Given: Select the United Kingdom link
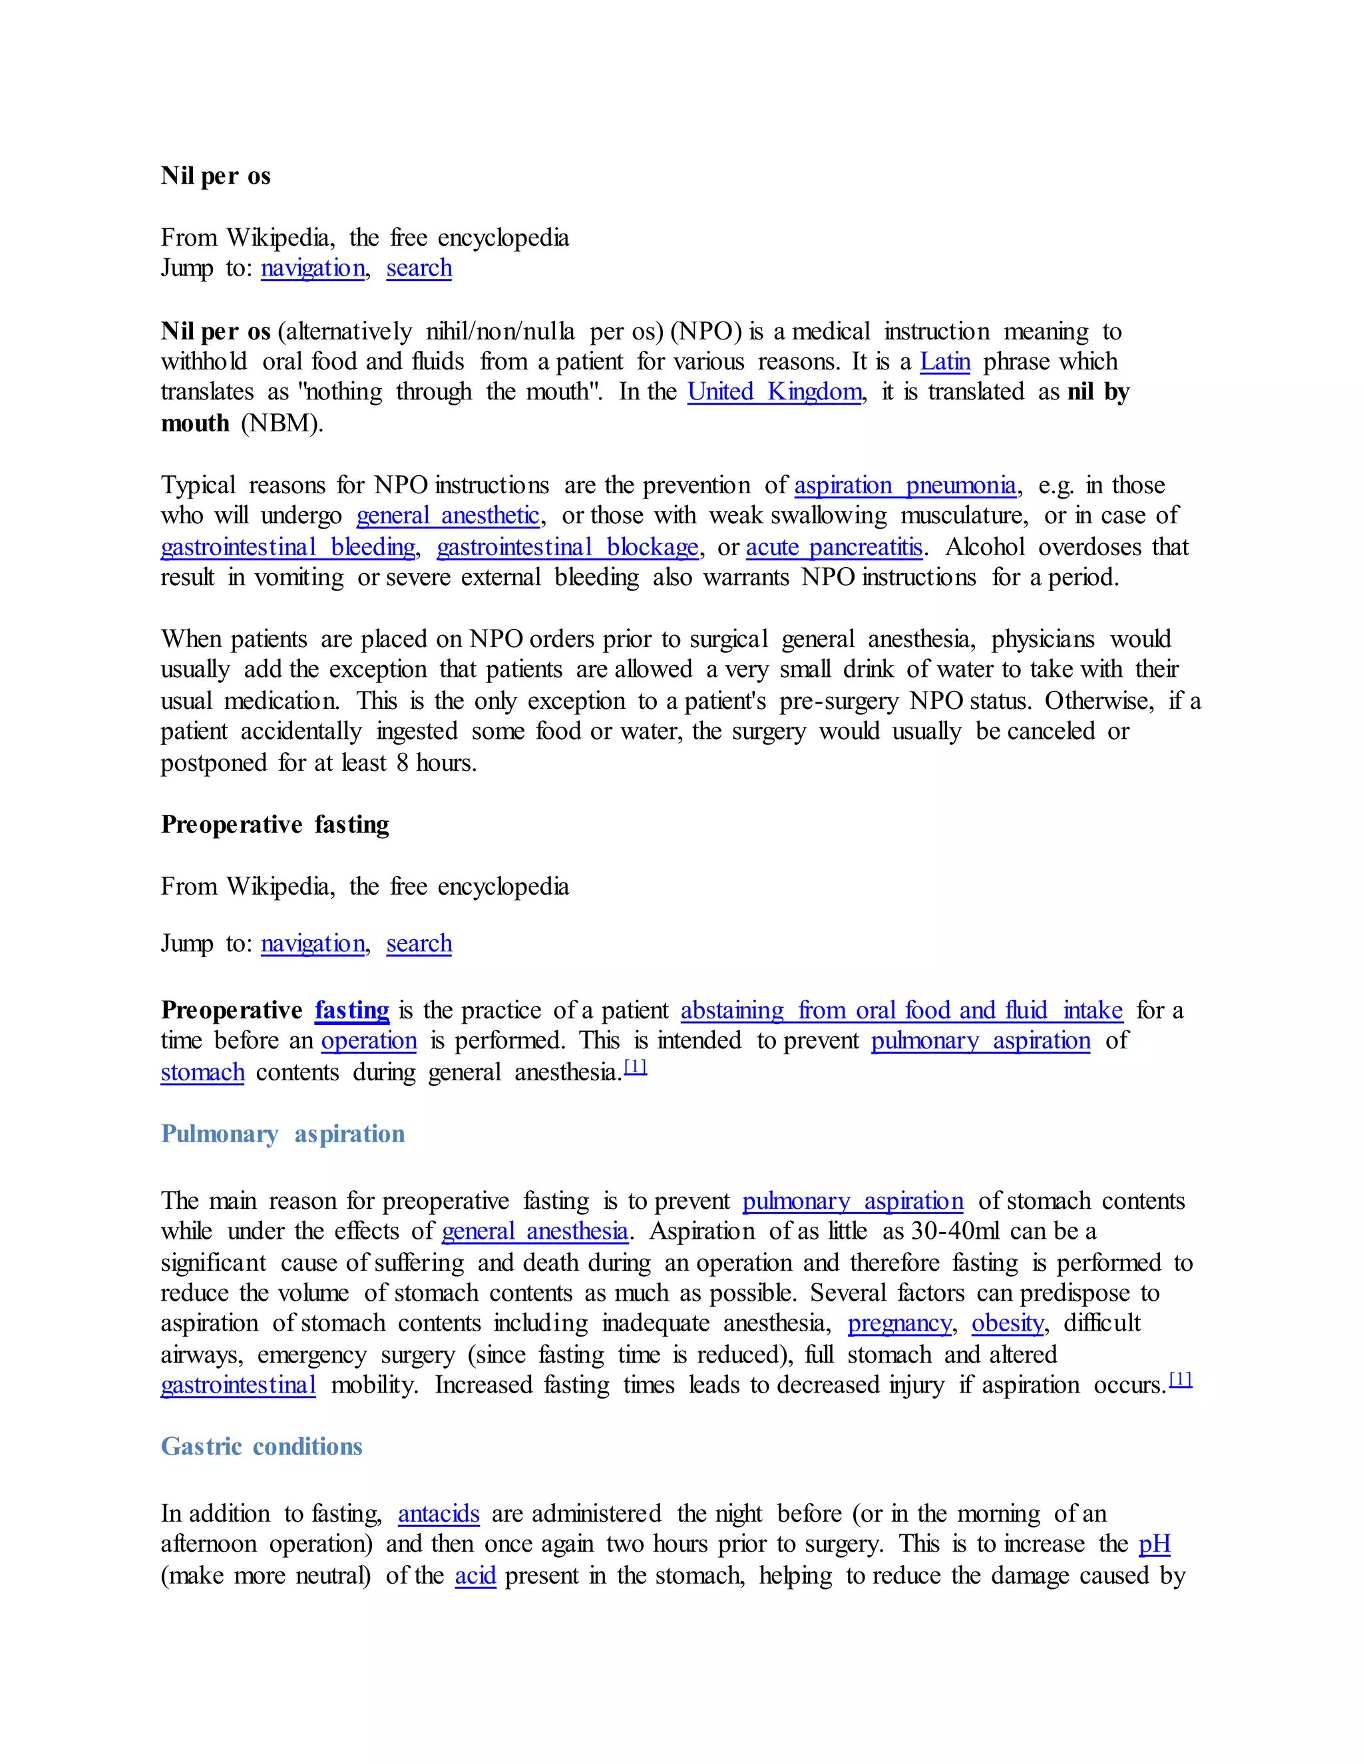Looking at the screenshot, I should point(775,391).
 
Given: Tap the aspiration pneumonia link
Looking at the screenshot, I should point(904,485).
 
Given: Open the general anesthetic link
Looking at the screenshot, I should point(447,515).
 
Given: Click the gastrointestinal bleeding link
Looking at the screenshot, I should point(288,548).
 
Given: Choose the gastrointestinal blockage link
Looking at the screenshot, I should point(567,548).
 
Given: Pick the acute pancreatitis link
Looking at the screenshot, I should point(833,548).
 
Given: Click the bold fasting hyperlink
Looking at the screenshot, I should point(352,1010).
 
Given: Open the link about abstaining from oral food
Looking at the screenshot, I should point(901,1010).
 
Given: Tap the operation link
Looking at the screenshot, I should point(369,1041).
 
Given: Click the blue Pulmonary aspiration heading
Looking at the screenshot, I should point(283,1134).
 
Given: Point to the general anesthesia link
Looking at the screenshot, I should point(534,1231).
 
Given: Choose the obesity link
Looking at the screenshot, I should point(1008,1323).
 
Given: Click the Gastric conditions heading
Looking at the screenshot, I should point(262,1446).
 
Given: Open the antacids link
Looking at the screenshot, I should point(439,1514).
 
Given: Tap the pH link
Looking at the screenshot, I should point(1154,1544).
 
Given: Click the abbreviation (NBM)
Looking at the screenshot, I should point(282,423).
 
